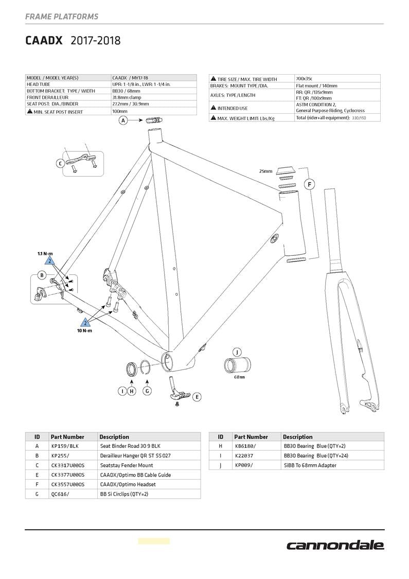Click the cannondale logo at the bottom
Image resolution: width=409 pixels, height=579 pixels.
(335, 545)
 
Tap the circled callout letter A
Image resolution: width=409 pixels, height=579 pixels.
(123, 120)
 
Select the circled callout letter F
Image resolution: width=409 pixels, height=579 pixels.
(310, 184)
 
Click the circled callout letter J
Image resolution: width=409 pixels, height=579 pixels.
(237, 352)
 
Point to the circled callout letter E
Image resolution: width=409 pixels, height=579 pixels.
(197, 397)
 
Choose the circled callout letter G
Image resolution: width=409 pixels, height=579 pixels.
(147, 391)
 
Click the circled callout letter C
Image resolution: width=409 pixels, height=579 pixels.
(61, 164)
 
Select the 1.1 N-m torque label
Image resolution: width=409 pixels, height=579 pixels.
(45, 254)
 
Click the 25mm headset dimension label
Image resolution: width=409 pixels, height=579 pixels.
(265, 171)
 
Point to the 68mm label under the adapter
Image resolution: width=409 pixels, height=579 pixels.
(239, 377)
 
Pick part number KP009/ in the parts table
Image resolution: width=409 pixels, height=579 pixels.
(243, 465)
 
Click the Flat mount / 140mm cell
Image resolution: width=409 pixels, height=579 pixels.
(316, 86)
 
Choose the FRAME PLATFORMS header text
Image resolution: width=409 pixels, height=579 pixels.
(62, 17)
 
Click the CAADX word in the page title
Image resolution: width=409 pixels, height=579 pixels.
(44, 41)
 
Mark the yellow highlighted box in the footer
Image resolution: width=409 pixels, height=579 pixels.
(153, 541)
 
